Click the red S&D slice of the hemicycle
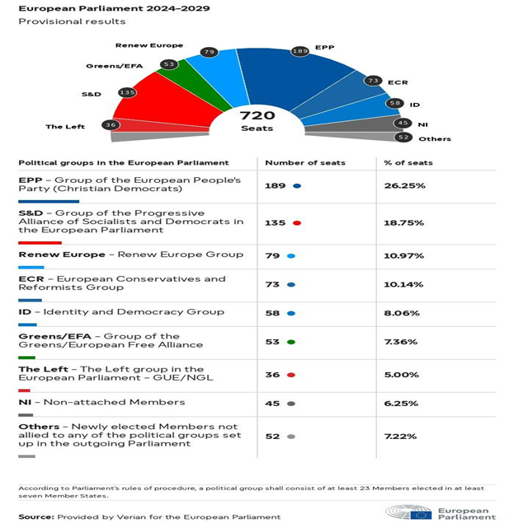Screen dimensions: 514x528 (162, 101)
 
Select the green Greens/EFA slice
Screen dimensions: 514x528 (192, 84)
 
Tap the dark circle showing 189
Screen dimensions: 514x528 (299, 51)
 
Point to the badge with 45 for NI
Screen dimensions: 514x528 (403, 123)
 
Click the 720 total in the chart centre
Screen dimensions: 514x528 (257, 115)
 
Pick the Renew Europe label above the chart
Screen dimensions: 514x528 (149, 45)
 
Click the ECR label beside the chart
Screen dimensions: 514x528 (398, 82)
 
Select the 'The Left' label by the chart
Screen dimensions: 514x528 (65, 127)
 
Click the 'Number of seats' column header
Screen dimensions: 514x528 (305, 162)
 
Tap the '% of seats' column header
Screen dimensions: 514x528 (408, 162)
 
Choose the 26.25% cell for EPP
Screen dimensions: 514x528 (405, 185)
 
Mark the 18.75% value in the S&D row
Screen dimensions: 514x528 (403, 222)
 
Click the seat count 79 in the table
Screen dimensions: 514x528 (272, 255)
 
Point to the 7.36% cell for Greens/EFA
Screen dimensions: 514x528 (401, 342)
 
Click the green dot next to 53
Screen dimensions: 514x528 (291, 342)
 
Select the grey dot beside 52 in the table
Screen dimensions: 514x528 (291, 437)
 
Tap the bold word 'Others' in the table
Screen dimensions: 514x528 (39, 427)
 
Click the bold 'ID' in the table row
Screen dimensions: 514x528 (25, 312)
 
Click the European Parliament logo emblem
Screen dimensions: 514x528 (408, 512)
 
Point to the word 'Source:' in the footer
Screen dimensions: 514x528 (36, 517)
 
